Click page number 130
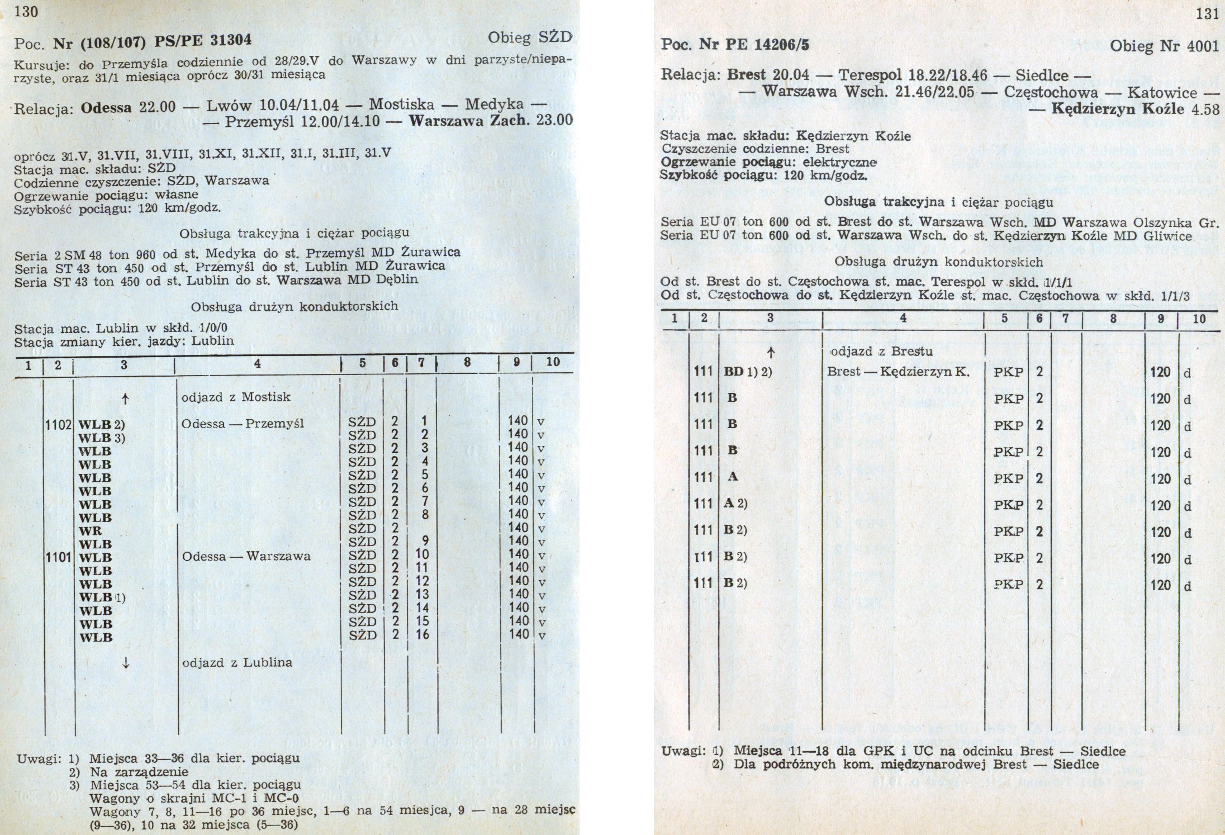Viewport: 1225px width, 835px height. [26, 11]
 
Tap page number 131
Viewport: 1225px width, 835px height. [1207, 15]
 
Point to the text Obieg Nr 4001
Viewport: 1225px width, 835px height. [1164, 46]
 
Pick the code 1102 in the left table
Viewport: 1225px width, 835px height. [59, 424]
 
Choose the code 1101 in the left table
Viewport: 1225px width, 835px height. [59, 557]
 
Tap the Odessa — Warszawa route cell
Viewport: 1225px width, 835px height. [246, 557]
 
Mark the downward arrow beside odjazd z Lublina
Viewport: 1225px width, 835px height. [126, 663]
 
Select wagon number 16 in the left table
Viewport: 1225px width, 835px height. [422, 634]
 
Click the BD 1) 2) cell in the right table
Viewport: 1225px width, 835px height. [748, 372]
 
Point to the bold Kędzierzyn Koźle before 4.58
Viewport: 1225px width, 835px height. [1118, 109]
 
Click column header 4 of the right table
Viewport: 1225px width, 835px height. [903, 319]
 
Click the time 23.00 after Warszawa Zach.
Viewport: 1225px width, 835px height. [554, 121]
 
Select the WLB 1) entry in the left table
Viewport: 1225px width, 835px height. [102, 597]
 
